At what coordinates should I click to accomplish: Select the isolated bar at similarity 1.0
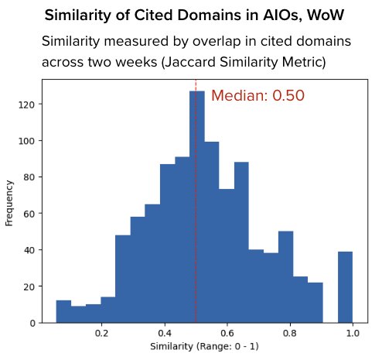click(345, 286)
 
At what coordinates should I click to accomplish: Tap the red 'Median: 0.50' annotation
click(258, 96)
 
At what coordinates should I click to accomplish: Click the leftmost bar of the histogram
click(63, 311)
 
